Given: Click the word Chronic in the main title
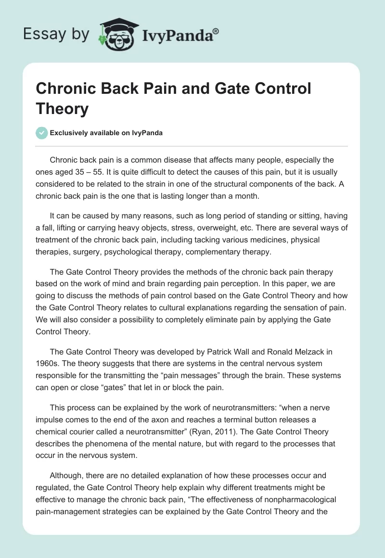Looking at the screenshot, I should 65,89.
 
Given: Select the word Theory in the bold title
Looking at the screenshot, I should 63,109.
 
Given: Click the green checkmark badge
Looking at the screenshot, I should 41,133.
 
